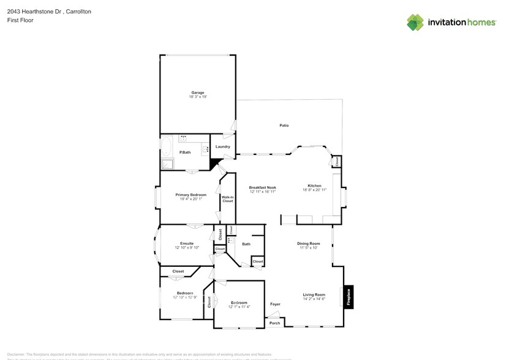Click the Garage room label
click(x=197, y=92)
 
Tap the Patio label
click(x=284, y=126)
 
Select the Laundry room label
click(x=222, y=146)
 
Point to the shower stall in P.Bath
click(x=167, y=163)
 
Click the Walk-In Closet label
click(x=227, y=198)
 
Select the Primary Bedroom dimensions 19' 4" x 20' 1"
click(x=190, y=199)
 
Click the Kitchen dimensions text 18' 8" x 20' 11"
click(x=314, y=190)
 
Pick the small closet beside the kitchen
click(x=336, y=162)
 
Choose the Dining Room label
click(x=309, y=243)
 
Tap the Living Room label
click(x=313, y=295)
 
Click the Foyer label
click(x=275, y=304)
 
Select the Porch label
click(x=275, y=323)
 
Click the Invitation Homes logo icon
click(x=416, y=23)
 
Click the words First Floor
click(x=20, y=20)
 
